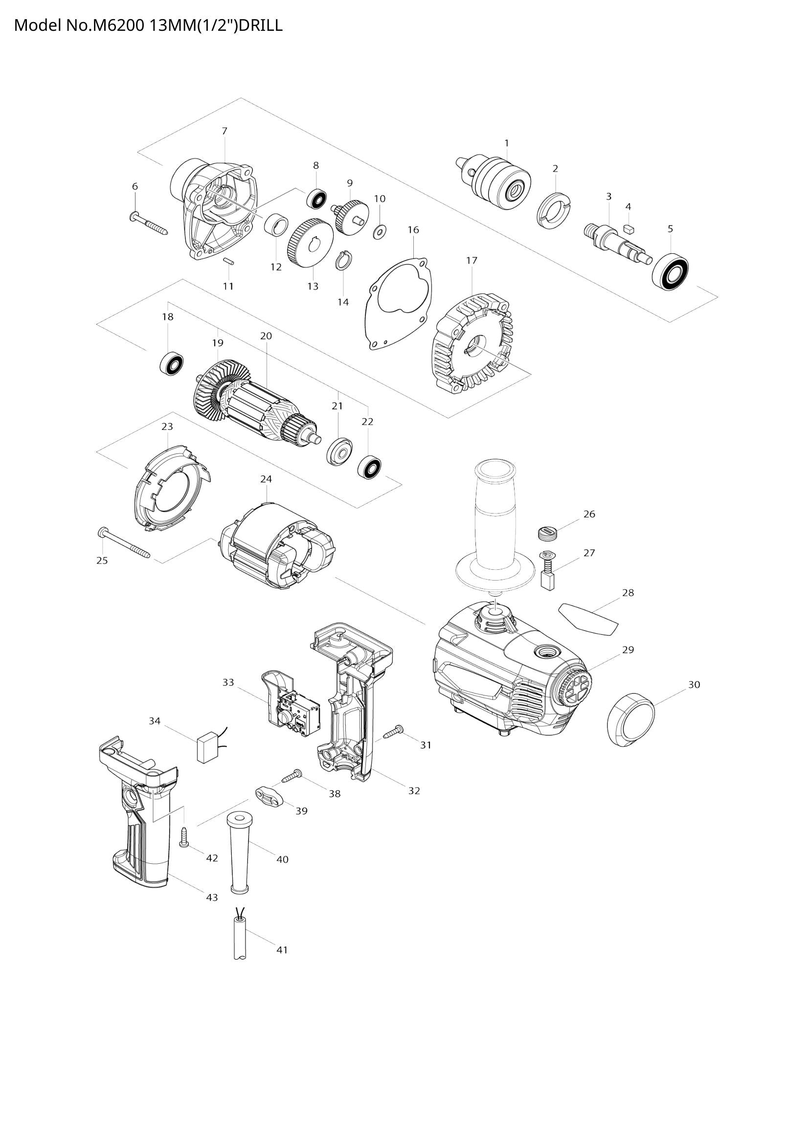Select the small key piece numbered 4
(x=628, y=229)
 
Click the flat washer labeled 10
(x=381, y=231)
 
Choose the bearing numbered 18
(x=172, y=363)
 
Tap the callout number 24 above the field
(x=266, y=479)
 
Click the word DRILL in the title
(x=260, y=25)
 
